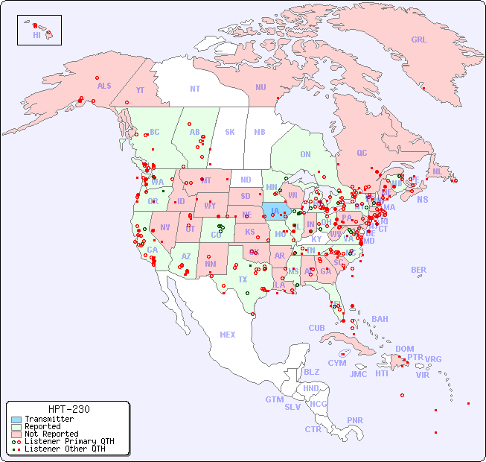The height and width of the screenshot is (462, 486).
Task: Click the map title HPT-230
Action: click(68, 409)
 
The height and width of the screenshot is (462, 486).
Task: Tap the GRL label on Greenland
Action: click(419, 40)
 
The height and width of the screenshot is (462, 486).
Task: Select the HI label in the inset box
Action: click(36, 35)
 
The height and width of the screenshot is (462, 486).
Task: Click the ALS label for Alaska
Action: click(104, 86)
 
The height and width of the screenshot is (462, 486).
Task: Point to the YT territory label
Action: click(140, 89)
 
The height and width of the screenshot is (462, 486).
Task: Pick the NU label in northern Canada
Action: click(260, 87)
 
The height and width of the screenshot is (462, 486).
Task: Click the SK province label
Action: click(229, 132)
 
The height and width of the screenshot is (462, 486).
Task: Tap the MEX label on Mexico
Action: click(227, 335)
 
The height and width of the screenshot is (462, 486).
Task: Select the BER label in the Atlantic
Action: click(418, 270)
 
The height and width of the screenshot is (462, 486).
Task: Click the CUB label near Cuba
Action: click(316, 328)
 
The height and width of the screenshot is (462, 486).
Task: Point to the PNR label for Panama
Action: click(355, 420)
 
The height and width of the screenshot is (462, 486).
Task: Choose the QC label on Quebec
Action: click(362, 153)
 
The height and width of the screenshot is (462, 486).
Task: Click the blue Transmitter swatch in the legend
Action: click(16, 420)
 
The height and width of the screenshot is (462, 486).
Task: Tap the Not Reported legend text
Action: click(51, 434)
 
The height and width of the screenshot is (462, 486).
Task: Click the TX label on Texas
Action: click(243, 279)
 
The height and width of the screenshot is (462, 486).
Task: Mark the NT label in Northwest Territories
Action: click(194, 88)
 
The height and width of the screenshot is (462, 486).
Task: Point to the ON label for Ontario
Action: click(305, 154)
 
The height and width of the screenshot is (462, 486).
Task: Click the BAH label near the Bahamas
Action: click(380, 319)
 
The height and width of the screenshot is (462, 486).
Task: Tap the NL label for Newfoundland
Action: click(437, 171)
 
